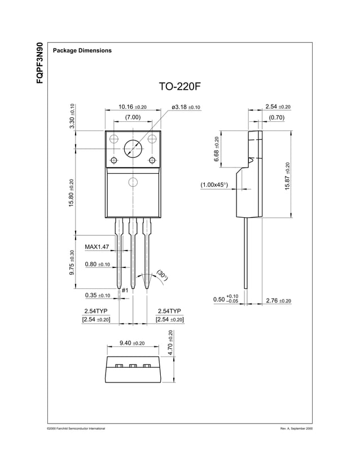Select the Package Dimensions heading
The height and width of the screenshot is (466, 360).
[x=82, y=51]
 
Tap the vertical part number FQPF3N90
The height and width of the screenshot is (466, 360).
[x=39, y=63]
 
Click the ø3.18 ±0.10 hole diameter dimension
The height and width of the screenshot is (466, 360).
[x=186, y=107]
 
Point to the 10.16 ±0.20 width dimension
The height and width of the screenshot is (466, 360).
[x=133, y=107]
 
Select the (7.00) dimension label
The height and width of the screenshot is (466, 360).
[x=133, y=117]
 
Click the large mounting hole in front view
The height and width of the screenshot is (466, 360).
[x=133, y=148]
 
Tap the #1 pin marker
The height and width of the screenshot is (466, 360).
[x=125, y=290]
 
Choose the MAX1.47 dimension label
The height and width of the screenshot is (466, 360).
[x=96, y=247]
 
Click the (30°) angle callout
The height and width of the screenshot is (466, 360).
[x=163, y=275]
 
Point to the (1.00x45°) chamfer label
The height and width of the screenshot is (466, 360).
[x=214, y=184]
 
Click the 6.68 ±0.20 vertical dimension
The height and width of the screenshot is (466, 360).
[x=217, y=149]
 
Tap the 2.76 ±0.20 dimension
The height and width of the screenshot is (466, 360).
[x=278, y=301]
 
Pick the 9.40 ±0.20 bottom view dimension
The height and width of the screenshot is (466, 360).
[x=132, y=343]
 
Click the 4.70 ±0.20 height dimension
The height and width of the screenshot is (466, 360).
[x=170, y=344]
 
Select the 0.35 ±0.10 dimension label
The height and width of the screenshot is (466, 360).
[x=97, y=295]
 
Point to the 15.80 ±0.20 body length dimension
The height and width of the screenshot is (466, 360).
[x=71, y=192]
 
